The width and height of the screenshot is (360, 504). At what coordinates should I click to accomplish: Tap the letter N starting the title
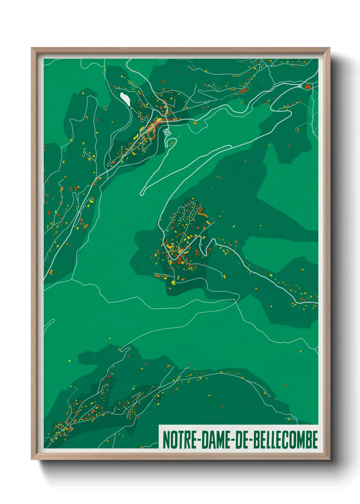click(x=166, y=440)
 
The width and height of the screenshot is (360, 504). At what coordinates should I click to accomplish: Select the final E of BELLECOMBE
click(x=315, y=440)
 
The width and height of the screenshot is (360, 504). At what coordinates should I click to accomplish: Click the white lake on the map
click(x=125, y=98)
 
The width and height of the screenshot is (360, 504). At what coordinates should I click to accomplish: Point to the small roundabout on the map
click(x=300, y=86)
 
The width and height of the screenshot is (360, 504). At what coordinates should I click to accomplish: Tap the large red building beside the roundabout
click(x=308, y=86)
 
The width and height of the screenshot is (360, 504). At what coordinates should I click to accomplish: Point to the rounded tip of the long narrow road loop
click(x=142, y=194)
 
